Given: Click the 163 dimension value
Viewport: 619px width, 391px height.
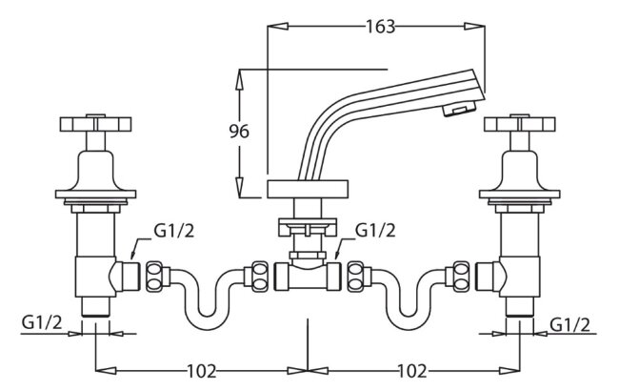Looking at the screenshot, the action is click(381, 27).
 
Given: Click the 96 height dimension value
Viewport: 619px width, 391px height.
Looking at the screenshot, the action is click(239, 132).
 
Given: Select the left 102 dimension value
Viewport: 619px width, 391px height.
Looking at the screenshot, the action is click(201, 371).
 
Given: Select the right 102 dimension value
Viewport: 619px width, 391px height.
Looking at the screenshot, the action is click(412, 371).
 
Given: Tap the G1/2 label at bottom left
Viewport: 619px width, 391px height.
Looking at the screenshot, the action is click(42, 323).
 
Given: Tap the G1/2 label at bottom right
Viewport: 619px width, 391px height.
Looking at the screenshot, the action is click(569, 324).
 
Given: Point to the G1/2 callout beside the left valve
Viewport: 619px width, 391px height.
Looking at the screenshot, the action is click(174, 231).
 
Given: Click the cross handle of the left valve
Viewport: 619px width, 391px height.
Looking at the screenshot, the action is click(95, 123).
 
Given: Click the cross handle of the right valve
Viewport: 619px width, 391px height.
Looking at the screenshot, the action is click(520, 123).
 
